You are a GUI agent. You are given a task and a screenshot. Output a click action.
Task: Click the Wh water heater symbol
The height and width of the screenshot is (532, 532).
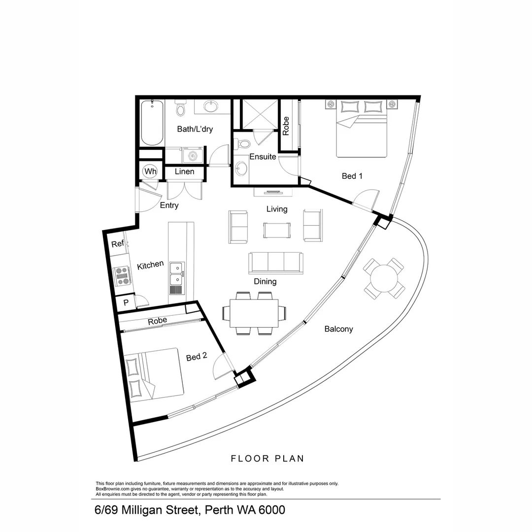(x=150, y=172)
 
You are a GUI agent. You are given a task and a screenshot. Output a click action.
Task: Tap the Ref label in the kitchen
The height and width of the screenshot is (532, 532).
(x=117, y=244)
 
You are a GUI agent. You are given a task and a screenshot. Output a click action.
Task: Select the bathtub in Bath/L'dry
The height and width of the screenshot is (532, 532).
(x=152, y=123)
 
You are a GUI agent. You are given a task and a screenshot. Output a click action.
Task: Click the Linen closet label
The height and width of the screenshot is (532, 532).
(x=184, y=172)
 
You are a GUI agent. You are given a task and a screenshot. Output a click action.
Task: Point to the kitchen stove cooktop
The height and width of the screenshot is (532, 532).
(x=122, y=276)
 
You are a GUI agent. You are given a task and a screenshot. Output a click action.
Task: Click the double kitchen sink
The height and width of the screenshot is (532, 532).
(x=176, y=274)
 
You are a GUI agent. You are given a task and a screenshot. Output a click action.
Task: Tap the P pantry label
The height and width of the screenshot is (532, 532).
(x=126, y=303)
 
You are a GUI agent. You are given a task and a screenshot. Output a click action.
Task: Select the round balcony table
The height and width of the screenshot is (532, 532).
(x=384, y=279)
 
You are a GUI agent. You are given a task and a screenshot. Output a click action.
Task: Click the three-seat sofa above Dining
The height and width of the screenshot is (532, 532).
(x=276, y=263)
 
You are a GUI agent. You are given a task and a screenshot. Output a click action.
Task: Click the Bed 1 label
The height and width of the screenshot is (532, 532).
(x=352, y=176)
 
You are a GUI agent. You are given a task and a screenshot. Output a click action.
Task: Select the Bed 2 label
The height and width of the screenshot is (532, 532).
(x=196, y=357)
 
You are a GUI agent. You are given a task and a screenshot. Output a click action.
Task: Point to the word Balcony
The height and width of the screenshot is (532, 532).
(x=338, y=329)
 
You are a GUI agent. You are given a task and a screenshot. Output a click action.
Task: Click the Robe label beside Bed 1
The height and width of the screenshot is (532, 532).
(x=286, y=126)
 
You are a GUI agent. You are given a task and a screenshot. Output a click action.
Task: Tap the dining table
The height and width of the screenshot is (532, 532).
(x=254, y=313)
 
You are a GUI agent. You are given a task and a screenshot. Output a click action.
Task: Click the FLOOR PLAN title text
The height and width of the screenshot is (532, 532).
(x=267, y=459)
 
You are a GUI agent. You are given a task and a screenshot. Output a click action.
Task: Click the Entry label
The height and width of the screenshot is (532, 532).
(x=169, y=205)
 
